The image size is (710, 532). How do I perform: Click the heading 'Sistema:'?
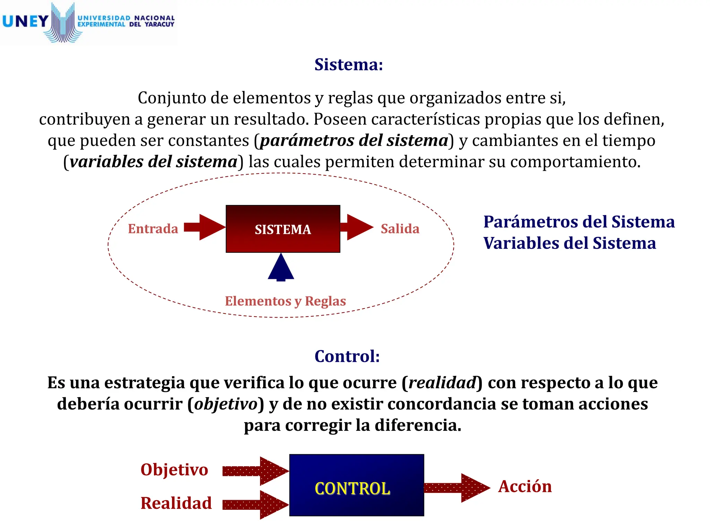348,64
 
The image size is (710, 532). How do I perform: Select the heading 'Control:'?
347,356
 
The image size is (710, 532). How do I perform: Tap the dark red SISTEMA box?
283,229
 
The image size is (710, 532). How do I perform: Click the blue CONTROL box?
356,485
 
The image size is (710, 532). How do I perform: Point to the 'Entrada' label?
153,229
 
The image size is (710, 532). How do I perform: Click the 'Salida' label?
400,229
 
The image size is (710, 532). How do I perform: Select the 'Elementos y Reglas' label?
285,301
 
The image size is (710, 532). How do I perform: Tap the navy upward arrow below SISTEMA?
281,267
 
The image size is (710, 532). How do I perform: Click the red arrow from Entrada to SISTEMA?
205,227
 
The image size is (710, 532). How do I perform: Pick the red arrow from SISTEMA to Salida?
356,227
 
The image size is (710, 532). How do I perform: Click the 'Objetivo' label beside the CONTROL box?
174,470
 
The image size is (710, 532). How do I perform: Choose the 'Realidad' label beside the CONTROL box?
176,503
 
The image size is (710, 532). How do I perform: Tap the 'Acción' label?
525,486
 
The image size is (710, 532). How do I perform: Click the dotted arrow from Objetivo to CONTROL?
256,471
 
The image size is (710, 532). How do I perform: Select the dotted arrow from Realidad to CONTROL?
256,505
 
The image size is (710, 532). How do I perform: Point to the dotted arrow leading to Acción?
457,488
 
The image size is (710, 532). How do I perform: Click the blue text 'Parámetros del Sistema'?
579,222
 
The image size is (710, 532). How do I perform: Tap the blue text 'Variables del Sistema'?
570,243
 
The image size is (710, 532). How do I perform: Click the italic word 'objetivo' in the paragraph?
226,404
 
